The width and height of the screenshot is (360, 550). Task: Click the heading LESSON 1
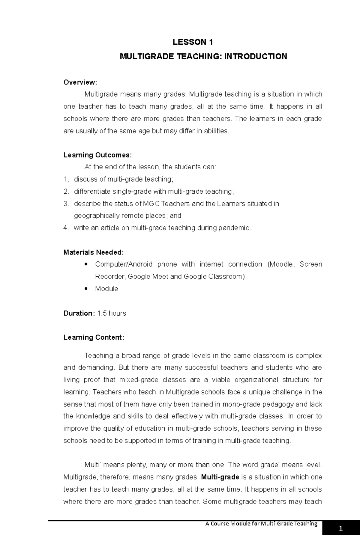[193, 42]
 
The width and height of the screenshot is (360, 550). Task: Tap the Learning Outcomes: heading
[97, 155]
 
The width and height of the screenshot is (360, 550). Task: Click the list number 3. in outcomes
[66, 204]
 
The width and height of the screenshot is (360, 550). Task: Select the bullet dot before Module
[86, 289]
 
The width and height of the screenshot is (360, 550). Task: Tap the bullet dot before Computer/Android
[86, 264]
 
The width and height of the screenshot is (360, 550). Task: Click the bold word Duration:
[79, 313]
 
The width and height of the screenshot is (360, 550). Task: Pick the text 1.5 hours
[112, 313]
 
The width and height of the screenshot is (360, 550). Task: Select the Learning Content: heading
[94, 337]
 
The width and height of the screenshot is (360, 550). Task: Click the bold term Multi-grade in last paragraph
[220, 477]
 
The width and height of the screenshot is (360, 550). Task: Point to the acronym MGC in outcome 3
[151, 204]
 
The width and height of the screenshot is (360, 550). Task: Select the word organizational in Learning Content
[256, 380]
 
